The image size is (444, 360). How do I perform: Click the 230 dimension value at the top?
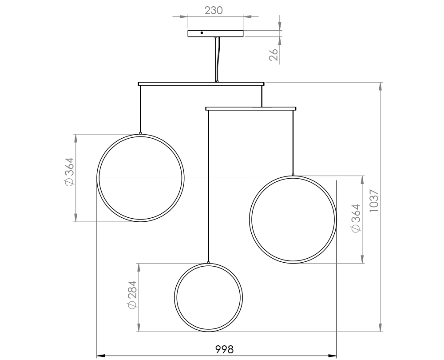click(x=214, y=10)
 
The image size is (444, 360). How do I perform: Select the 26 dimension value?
click(x=274, y=54)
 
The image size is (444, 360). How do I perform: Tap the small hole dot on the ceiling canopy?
click(x=202, y=33)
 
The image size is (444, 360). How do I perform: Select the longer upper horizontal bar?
click(x=178, y=84)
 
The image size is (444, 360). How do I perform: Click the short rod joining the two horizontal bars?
click(x=262, y=96)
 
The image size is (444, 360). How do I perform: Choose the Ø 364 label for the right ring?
click(x=355, y=218)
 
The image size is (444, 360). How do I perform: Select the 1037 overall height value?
click(x=374, y=201)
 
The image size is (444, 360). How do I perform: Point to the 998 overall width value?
click(x=224, y=349)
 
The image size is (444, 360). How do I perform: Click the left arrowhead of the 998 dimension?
click(x=101, y=356)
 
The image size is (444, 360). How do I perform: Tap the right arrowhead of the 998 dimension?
click(x=333, y=356)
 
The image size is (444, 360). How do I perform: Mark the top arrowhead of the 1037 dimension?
click(x=381, y=87)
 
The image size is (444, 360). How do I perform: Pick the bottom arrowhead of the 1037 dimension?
click(x=381, y=328)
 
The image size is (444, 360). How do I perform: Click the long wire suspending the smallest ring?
click(x=208, y=187)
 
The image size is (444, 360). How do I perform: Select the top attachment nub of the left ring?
click(x=141, y=132)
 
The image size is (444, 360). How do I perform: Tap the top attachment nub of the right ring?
click(x=293, y=175)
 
